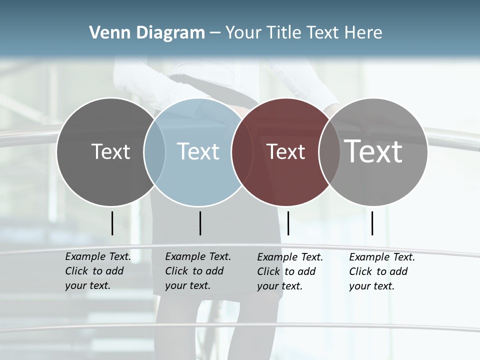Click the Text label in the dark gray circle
[x=110, y=151]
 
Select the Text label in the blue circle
[x=198, y=151]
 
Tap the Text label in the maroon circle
[x=285, y=151]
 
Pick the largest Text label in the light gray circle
[x=373, y=151]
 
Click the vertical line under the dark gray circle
[x=112, y=223]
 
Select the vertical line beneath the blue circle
[x=200, y=223]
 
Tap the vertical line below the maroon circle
[x=288, y=223]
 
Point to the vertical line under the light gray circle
[x=372, y=223]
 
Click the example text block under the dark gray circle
[x=98, y=271]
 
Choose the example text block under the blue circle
[x=198, y=271]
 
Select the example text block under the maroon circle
[x=290, y=271]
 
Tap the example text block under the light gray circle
[x=382, y=271]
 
